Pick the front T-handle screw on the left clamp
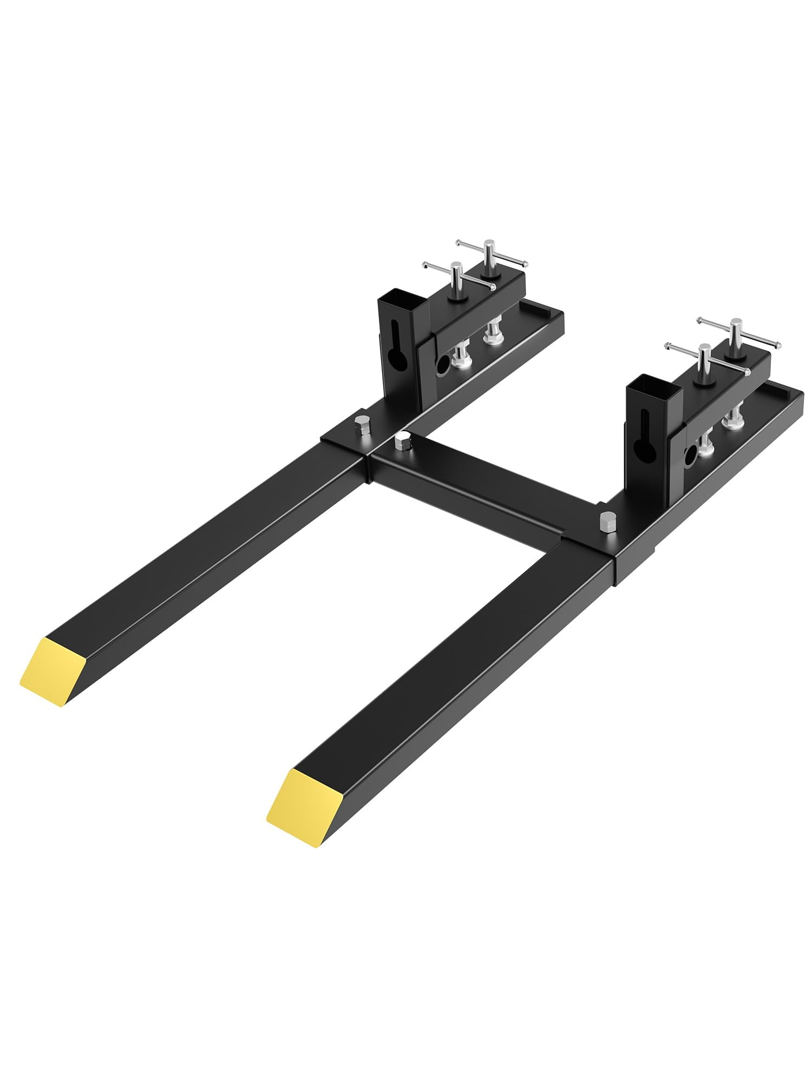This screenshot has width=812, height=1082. [x=456, y=276]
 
